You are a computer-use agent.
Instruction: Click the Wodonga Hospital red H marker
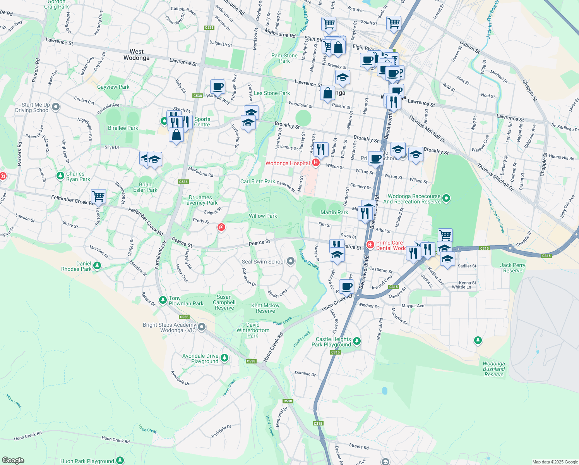coord(315,163)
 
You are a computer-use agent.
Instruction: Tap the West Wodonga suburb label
coord(136,55)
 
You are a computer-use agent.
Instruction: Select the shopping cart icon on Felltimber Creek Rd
coord(99,196)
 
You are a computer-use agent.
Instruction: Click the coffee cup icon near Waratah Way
coord(218,86)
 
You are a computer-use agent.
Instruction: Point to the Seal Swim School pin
coord(291,262)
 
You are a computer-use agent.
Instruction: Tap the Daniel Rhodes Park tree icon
coord(97,266)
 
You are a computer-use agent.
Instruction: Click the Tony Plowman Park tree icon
coord(163,300)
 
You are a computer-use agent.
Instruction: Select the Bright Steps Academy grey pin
coord(202,327)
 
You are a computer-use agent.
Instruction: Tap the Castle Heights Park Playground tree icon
coord(357,341)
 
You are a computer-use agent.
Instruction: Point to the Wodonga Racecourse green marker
coord(446,199)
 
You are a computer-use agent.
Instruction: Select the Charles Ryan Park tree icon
coord(60,176)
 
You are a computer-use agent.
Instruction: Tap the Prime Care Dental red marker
coord(370,245)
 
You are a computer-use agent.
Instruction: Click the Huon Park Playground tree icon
coord(120,460)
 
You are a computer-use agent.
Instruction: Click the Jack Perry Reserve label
coord(512,268)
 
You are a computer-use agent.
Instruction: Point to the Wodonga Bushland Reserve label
coord(494,369)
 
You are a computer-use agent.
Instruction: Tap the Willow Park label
coord(263,216)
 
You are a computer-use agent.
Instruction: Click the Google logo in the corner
coord(13,460)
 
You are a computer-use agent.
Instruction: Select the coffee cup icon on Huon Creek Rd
coord(346,286)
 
